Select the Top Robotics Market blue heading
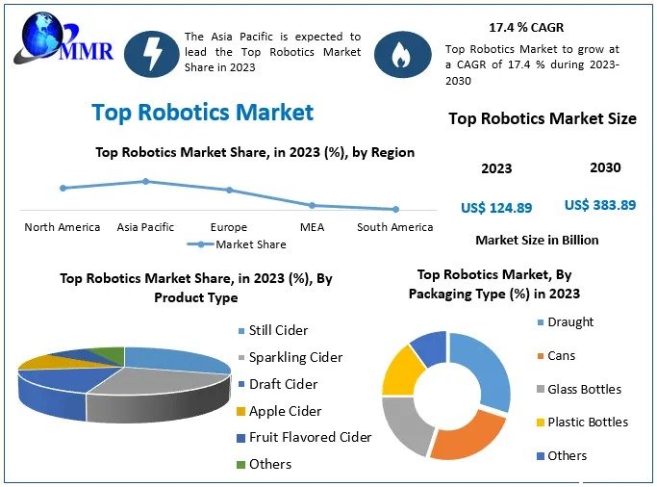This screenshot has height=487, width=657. coord(203,113)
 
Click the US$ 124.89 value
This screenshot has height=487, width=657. coord(496,208)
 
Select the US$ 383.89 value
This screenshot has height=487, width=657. coord(600,205)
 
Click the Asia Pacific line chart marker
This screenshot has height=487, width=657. coord(145,181)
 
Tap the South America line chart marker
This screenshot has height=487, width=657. coord(395,209)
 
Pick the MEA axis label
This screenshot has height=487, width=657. coord(312,227)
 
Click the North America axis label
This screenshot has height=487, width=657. coord(63,227)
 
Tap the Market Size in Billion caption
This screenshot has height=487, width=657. coord(538,240)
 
